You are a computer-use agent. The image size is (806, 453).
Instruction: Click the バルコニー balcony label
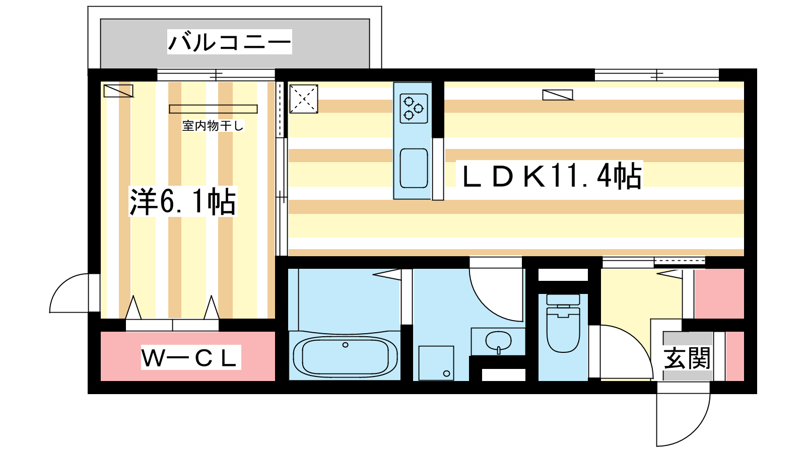(230, 42)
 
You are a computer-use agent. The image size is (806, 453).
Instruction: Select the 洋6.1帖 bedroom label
(182, 201)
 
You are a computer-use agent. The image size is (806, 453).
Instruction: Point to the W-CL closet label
(191, 358)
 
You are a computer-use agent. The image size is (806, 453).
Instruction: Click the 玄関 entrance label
(687, 358)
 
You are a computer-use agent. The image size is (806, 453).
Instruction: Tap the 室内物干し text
(213, 126)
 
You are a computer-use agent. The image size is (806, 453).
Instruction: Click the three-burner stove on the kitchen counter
(414, 108)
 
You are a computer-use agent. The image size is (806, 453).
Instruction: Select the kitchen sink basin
(414, 168)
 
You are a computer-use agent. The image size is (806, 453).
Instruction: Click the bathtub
(345, 356)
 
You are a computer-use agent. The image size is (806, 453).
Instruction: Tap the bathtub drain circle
(345, 345)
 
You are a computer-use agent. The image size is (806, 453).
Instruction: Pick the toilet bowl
(563, 329)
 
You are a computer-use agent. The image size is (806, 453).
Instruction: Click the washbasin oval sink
(498, 341)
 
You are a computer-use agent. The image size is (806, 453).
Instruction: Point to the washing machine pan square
(436, 363)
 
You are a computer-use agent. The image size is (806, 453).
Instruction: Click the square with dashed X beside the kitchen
(304, 99)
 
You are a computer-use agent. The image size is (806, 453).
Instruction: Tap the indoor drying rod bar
(214, 109)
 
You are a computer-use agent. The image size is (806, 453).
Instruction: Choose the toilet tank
(563, 299)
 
